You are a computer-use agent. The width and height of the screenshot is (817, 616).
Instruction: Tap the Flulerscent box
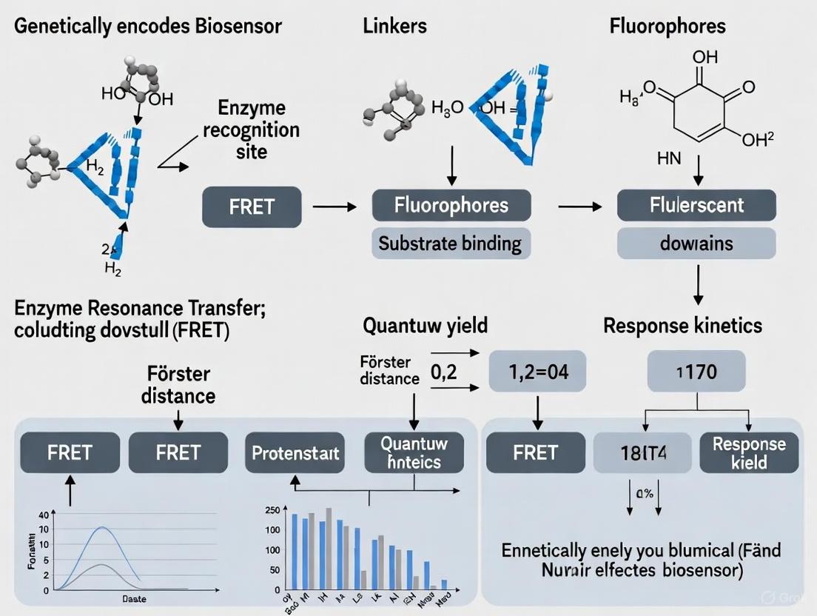[x=696, y=205]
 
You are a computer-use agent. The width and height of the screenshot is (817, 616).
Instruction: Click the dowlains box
[x=696, y=243]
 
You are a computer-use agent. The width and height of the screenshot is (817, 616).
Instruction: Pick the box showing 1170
[x=696, y=371]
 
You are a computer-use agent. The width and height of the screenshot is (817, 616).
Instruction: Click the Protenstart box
[x=295, y=452]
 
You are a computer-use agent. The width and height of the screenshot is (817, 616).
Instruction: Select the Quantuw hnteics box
[x=414, y=452]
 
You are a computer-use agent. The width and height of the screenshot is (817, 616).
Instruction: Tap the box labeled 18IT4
[x=642, y=453]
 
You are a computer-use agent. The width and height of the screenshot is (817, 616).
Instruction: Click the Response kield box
[x=748, y=453]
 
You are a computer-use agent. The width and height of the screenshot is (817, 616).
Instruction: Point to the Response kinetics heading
[x=682, y=325]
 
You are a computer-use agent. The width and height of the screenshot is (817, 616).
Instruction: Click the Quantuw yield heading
[x=425, y=325]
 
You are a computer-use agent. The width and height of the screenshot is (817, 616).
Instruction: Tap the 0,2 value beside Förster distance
[x=444, y=372]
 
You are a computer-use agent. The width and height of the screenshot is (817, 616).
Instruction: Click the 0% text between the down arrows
[x=643, y=494]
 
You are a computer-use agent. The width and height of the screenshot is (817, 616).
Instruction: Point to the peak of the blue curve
[x=103, y=527]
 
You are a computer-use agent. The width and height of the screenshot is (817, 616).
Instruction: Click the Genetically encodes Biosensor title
[x=148, y=26]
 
